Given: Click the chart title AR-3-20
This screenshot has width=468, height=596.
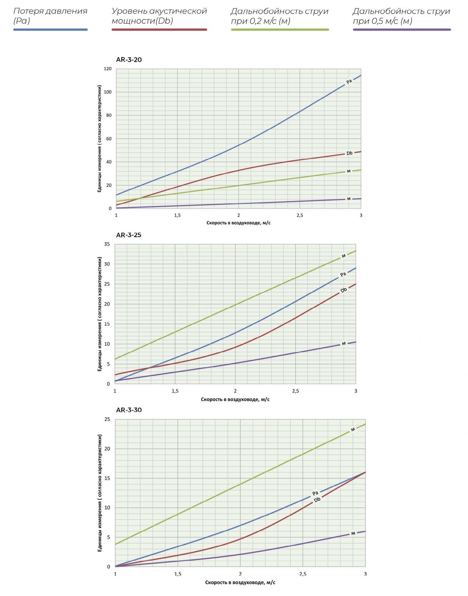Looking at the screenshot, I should pos(129,60).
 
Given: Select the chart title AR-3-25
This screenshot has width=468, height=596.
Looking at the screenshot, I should pos(128,235).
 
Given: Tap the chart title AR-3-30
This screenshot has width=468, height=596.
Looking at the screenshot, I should pos(129,410).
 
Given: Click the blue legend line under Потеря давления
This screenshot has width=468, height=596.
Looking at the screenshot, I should pos(50,29).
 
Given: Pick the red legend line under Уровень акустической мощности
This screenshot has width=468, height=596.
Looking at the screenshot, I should pos(159,29).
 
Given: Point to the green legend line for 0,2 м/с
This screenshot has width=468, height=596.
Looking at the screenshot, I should pos(280,29).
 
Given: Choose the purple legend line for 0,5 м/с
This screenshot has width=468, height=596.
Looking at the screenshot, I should pos(402,29).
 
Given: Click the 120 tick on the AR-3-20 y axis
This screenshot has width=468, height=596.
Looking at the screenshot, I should pos(107,69).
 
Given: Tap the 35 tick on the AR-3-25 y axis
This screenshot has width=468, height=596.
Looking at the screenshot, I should pos(107,244).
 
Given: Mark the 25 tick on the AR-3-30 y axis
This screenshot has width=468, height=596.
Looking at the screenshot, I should pos(107,419).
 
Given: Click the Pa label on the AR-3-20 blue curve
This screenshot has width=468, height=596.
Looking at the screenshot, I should pos(349,81).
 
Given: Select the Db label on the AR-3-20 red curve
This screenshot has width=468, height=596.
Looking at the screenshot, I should pos(349,153).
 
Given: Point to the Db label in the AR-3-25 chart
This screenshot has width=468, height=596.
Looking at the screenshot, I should pos(343,290).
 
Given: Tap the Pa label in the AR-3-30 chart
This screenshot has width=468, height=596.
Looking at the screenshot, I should pos(315,494).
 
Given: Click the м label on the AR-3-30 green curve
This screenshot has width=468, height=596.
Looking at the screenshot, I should pos(353,430).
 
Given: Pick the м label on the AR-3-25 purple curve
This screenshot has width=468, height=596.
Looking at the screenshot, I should pos(344,343).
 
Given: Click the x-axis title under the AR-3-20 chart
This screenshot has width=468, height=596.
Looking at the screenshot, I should pos(238,223).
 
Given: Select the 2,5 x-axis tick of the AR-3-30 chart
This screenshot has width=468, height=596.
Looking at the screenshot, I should pos(303,574).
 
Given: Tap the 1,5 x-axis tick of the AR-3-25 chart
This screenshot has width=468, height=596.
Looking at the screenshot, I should pos(175,391).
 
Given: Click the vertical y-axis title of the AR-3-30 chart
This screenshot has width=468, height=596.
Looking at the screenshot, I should pos(100,493).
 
